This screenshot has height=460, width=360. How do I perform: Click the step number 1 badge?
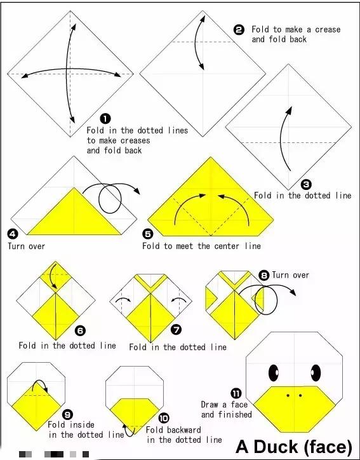pyautogui.click(x=105, y=119)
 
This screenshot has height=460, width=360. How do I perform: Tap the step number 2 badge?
pyautogui.click(x=239, y=30)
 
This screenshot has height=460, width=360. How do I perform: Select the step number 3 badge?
pyautogui.click(x=306, y=184)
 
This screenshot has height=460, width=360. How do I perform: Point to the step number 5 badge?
pyautogui.click(x=148, y=234)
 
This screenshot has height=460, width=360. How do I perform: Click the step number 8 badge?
pyautogui.click(x=264, y=275)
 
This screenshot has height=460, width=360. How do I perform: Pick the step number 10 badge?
pyautogui.click(x=164, y=418)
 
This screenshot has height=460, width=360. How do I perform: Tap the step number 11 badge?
pyautogui.click(x=236, y=393)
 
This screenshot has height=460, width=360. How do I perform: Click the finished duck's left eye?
pyautogui.click(x=274, y=373)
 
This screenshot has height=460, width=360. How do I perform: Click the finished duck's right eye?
pyautogui.click(x=316, y=373)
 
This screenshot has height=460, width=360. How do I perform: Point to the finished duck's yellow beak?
pyautogui.click(x=295, y=409)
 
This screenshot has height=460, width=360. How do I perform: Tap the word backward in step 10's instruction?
pyautogui.click(x=184, y=430)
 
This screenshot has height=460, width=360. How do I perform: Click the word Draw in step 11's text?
pyautogui.click(x=210, y=405)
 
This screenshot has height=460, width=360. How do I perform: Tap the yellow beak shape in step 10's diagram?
pyautogui.click(x=135, y=414)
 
